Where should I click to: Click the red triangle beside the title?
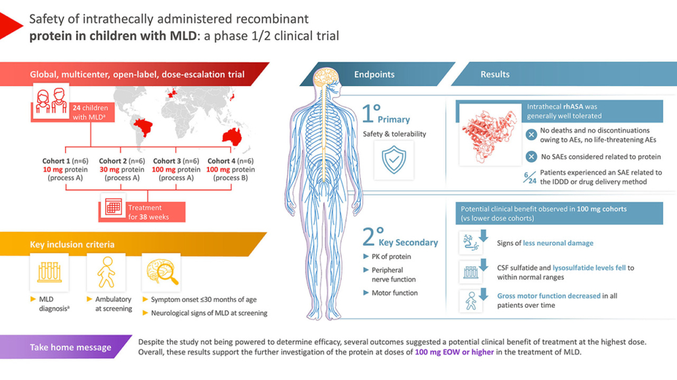point(9,26)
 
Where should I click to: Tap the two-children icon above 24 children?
point(51,100)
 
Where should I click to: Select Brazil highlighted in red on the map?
point(143,127)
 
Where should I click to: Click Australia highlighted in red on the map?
point(231,137)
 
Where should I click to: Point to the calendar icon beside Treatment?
point(114,207)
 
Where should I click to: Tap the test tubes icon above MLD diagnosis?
point(49,272)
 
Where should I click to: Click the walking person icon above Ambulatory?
point(106,272)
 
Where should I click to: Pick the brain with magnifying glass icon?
point(162,272)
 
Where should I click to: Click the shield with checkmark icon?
point(394,159)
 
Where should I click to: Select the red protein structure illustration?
point(490,135)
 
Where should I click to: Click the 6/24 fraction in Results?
point(529,177)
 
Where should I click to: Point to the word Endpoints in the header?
point(375,74)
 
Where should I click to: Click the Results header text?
point(495,74)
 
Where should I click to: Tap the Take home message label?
point(70,347)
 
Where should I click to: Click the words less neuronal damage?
point(558,243)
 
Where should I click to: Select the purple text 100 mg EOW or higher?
point(454,352)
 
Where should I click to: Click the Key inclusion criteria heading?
point(72,245)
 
